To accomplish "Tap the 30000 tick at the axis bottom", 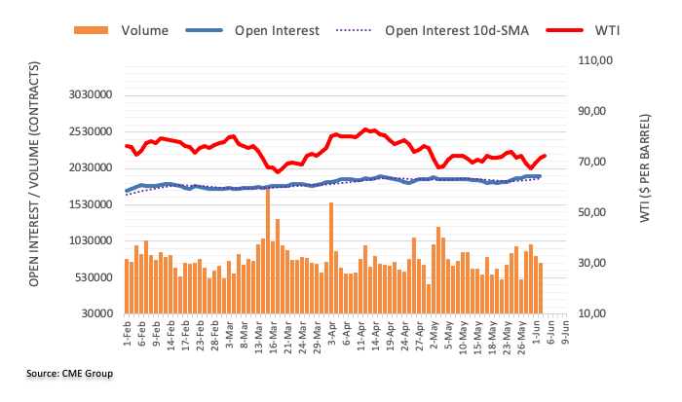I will (x=93, y=313).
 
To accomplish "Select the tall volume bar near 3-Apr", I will (x=331, y=258).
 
